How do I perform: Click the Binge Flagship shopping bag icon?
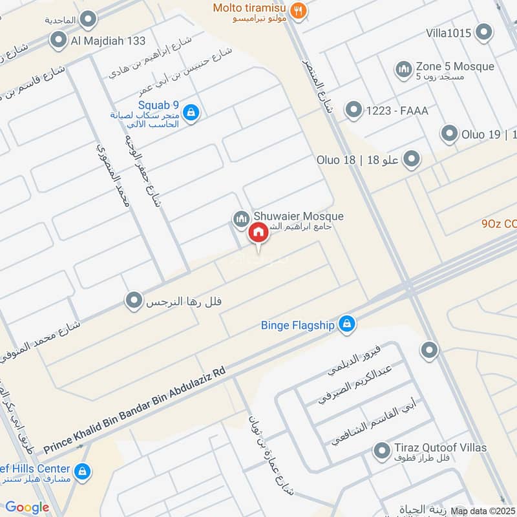(x=347, y=324)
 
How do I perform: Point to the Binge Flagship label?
(x=298, y=326)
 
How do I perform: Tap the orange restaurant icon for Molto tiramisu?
(x=298, y=10)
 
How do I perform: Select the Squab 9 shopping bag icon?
(x=191, y=113)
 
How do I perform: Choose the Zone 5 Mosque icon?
(x=404, y=70)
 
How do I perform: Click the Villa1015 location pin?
(x=483, y=32)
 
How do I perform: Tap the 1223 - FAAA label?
(x=397, y=111)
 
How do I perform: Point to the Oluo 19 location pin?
(x=449, y=134)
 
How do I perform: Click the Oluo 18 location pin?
(x=411, y=159)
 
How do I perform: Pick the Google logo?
(x=27, y=507)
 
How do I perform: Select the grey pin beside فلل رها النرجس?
(x=134, y=301)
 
